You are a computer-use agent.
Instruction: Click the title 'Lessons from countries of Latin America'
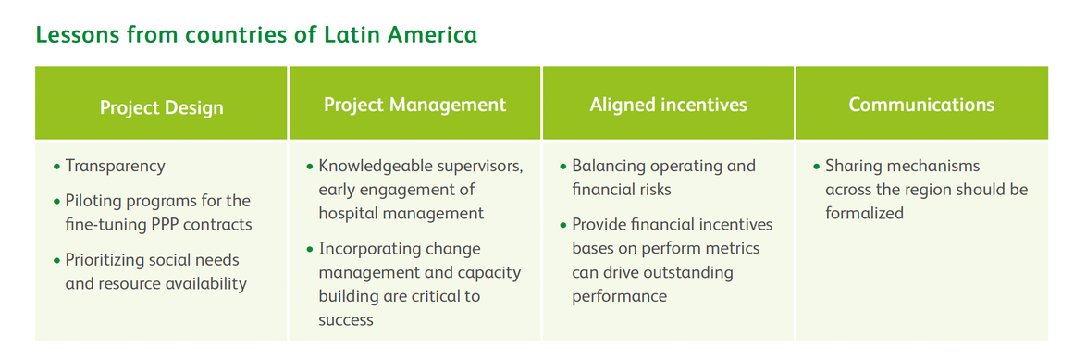(256, 34)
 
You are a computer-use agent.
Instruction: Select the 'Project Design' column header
(162, 107)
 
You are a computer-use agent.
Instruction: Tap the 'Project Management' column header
(415, 105)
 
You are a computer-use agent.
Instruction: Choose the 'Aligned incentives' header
(669, 105)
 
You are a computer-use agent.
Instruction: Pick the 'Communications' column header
(922, 105)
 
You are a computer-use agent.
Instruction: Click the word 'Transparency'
(115, 166)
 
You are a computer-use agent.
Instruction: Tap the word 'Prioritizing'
(104, 261)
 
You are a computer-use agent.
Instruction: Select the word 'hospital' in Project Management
(350, 213)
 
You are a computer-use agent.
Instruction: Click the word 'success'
(346, 320)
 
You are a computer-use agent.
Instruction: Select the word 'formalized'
(864, 213)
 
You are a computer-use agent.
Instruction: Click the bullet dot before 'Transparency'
(56, 167)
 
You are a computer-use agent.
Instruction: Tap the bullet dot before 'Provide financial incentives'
(563, 225)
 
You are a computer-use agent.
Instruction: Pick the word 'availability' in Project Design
(204, 284)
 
